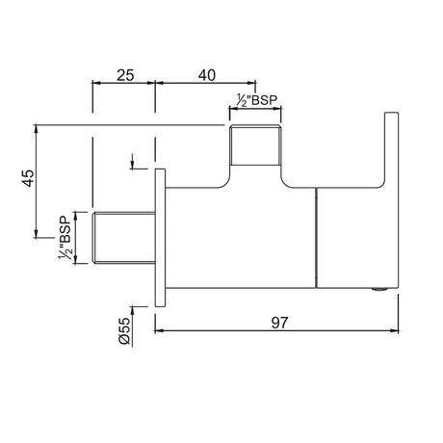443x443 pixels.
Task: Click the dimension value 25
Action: click(125, 76)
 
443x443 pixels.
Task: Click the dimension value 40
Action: click(207, 75)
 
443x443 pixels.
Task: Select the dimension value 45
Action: click(28, 178)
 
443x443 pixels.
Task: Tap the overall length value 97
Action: click(279, 323)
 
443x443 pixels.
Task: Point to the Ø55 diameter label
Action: click(124, 331)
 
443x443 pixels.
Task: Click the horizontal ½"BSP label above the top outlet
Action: click(256, 100)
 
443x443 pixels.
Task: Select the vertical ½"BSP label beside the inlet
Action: click(65, 238)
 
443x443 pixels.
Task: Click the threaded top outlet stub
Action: click(256, 145)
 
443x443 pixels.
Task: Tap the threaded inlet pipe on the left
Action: click(124, 238)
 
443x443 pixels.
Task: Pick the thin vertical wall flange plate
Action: click(160, 238)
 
